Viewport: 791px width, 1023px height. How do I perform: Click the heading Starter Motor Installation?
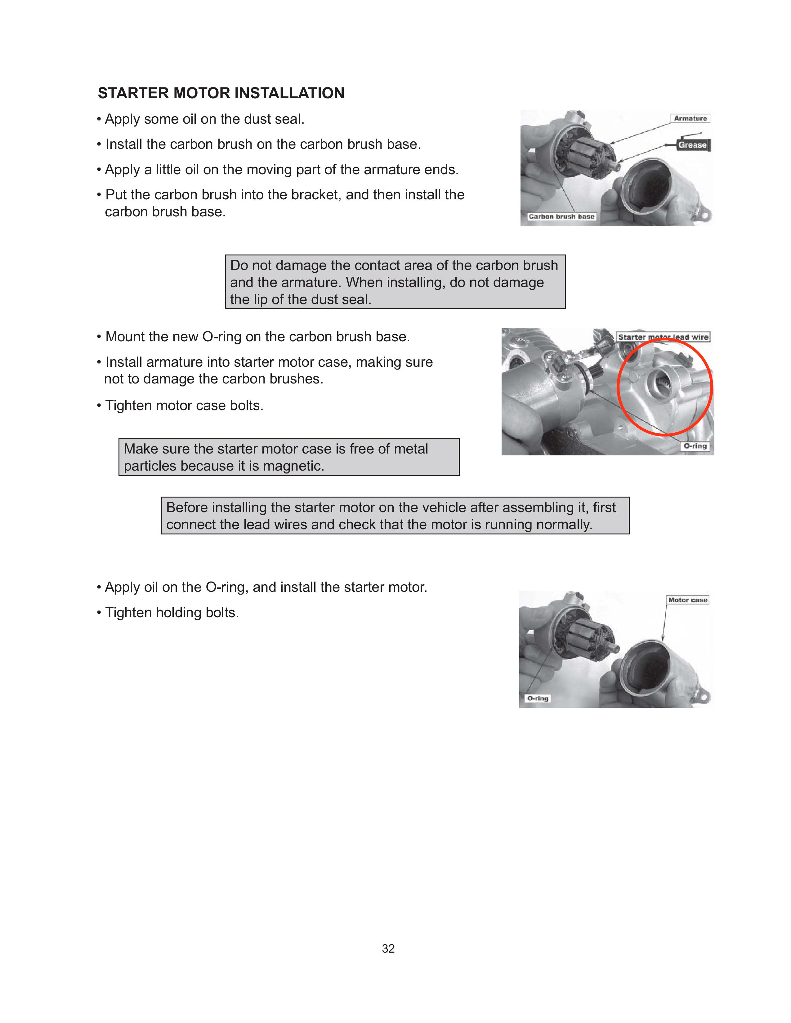[x=221, y=93]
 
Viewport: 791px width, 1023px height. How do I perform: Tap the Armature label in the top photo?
[x=690, y=118]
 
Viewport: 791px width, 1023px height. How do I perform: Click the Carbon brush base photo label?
[x=561, y=216]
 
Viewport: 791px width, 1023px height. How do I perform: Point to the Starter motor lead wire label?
[x=663, y=337]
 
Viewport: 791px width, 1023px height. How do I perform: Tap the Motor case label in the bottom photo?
[x=687, y=600]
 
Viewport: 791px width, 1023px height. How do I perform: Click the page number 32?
[x=388, y=949]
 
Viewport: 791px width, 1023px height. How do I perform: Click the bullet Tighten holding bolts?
[x=172, y=613]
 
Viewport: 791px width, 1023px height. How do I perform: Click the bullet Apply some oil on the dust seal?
[x=204, y=119]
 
